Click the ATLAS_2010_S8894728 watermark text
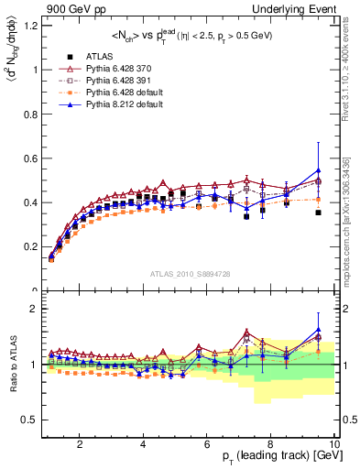tap(190, 274)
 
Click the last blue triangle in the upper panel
tap(318, 170)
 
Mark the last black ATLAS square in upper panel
tap(318, 213)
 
